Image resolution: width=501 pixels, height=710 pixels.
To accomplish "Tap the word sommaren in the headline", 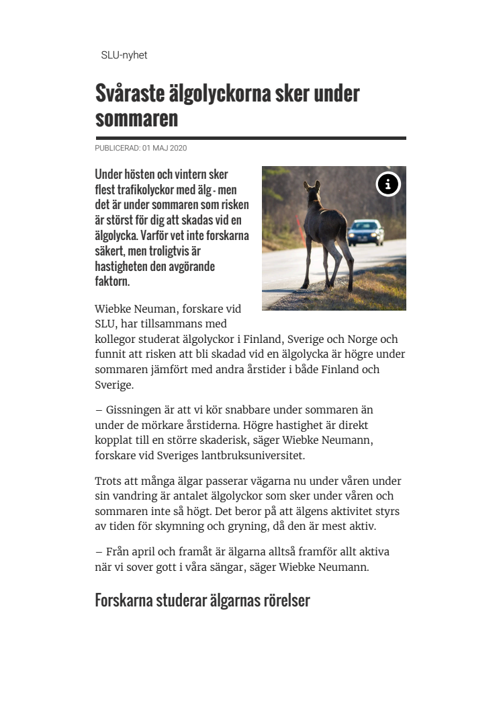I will (136, 118).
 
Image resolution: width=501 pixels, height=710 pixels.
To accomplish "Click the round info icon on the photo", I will (388, 184).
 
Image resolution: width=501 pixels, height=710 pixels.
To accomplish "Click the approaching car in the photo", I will (366, 233).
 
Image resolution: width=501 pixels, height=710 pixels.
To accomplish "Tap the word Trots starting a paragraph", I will (109, 481).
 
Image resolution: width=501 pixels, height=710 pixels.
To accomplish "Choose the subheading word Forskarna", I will (126, 600).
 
